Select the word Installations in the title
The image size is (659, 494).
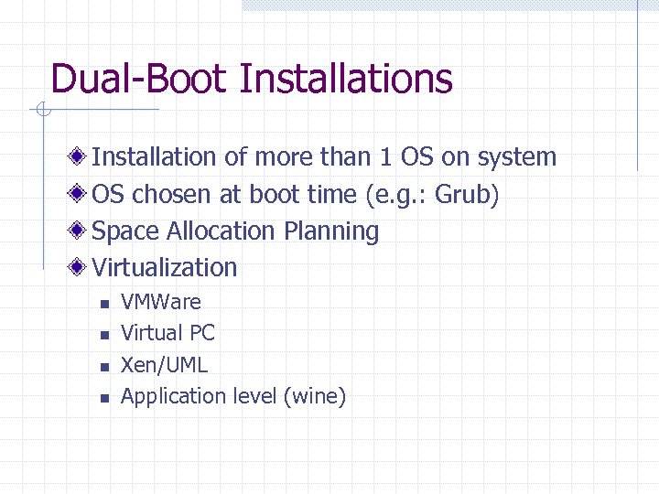[345, 79]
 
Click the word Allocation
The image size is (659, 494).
[215, 231]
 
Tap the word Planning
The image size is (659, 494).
[331, 231]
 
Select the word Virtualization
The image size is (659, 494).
[165, 267]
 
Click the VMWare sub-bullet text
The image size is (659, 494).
[161, 302]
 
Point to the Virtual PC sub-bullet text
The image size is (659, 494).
[167, 333]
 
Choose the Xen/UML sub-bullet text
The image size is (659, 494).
[165, 365]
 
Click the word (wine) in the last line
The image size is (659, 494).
[315, 396]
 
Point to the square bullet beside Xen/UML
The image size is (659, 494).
[104, 367]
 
